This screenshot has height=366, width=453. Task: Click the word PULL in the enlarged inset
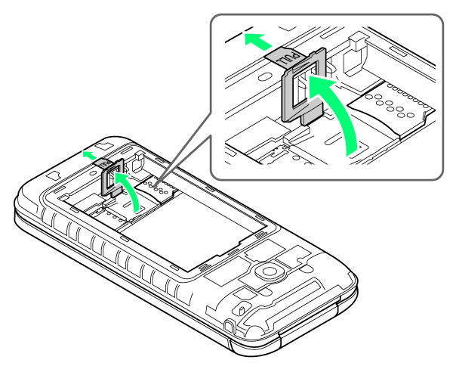(288, 58)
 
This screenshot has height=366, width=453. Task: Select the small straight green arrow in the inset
(257, 41)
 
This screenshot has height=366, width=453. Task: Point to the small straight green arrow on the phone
(90, 155)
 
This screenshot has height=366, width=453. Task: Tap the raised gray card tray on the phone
(112, 178)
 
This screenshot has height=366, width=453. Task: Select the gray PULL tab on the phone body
(102, 163)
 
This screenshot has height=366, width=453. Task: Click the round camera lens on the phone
(270, 271)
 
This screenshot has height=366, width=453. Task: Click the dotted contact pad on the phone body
(158, 188)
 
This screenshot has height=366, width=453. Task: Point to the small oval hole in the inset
(265, 76)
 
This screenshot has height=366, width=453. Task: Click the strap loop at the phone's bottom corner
(230, 326)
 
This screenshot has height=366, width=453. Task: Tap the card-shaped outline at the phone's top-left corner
(54, 176)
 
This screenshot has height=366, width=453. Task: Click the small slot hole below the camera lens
(241, 309)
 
